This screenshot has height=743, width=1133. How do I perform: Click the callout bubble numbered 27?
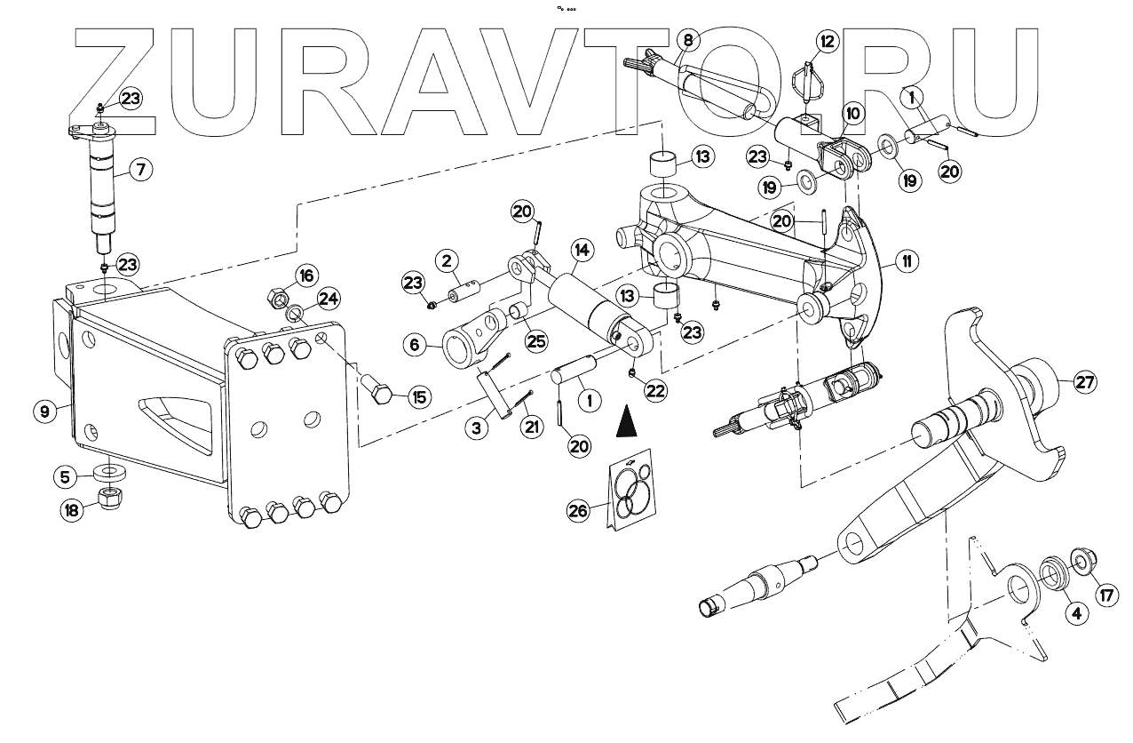(x=1084, y=382)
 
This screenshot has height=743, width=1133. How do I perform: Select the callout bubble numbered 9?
(x=43, y=411)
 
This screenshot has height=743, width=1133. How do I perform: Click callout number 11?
(x=907, y=261)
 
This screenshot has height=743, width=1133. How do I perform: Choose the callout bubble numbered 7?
(x=139, y=169)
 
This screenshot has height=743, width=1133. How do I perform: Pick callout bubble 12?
(x=828, y=41)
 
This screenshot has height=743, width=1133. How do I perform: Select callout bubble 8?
(x=687, y=39)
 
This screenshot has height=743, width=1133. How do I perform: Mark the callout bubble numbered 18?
(x=70, y=510)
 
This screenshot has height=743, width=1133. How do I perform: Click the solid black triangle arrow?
(x=627, y=420)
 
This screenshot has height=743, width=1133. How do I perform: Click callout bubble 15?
(x=417, y=397)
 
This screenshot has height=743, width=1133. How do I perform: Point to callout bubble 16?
(x=305, y=276)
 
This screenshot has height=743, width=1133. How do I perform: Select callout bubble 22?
(x=654, y=390)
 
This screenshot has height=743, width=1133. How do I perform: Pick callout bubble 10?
(x=852, y=114)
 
